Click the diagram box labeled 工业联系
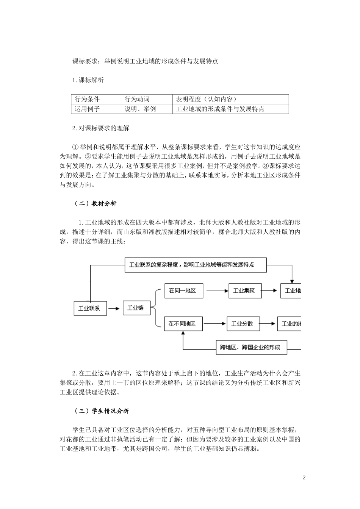pyautogui.click(x=89, y=308)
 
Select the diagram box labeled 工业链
pyautogui.click(x=136, y=308)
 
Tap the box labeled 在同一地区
pyautogui.click(x=183, y=291)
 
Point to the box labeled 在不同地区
pyautogui.click(x=183, y=324)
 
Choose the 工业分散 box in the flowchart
pyautogui.click(x=243, y=324)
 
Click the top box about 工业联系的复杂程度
pyautogui.click(x=196, y=265)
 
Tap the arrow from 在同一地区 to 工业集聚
pyautogui.click(x=216, y=291)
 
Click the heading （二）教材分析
pyautogui.click(x=95, y=204)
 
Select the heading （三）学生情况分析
pyautogui.click(x=102, y=411)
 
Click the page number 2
pyautogui.click(x=304, y=477)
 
